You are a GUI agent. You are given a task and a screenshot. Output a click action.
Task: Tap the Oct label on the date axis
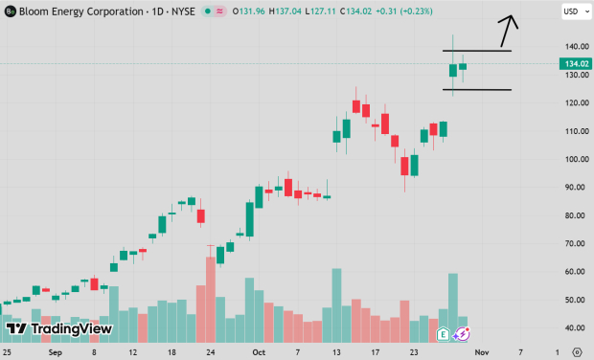pyautogui.click(x=258, y=351)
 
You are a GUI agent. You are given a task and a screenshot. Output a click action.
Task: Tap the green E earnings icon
pyautogui.click(x=443, y=334)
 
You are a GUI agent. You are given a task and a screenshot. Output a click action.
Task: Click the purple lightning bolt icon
pyautogui.click(x=461, y=334)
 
